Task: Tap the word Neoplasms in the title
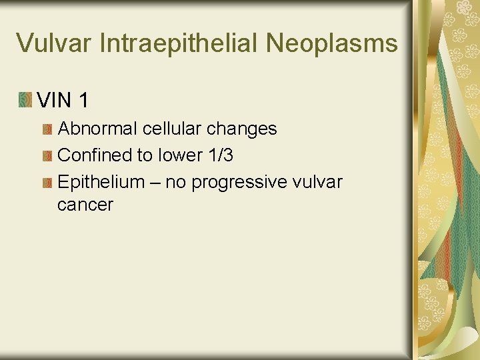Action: (x=332, y=43)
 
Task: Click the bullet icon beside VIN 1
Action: (x=25, y=101)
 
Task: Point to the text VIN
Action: (x=55, y=101)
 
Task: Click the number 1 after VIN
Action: (x=83, y=101)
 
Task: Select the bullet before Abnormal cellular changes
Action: (x=47, y=129)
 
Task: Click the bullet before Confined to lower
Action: (x=47, y=155)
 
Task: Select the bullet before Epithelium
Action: (x=47, y=182)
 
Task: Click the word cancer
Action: (x=85, y=205)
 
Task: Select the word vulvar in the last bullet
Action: (x=318, y=181)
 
